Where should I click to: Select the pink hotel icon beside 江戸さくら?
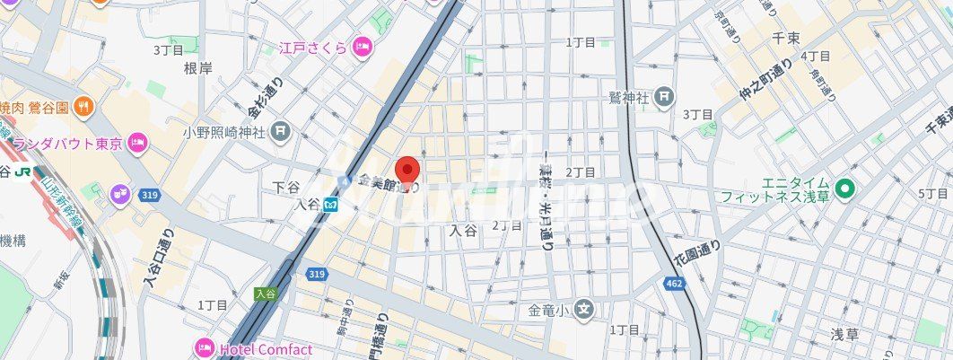point(362,47)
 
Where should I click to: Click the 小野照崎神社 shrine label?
point(224,132)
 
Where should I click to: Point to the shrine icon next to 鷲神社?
point(663,96)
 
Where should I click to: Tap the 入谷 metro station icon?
point(332,205)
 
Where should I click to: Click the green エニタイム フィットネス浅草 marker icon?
point(844,189)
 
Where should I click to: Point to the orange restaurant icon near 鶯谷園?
point(83,106)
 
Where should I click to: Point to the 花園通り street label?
point(692,251)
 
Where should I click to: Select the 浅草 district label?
point(844,334)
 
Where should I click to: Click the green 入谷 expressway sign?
point(264,293)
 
